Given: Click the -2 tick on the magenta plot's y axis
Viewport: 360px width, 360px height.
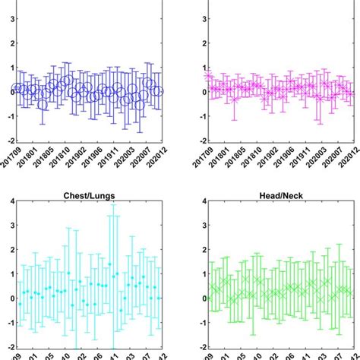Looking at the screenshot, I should coord(200,141).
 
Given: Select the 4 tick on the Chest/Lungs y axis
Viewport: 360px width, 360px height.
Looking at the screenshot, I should coord(6,201).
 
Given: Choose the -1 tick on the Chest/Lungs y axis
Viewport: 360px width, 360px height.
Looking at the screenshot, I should coord(5,322).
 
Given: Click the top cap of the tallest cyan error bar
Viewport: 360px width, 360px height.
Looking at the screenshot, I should coord(113,205).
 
